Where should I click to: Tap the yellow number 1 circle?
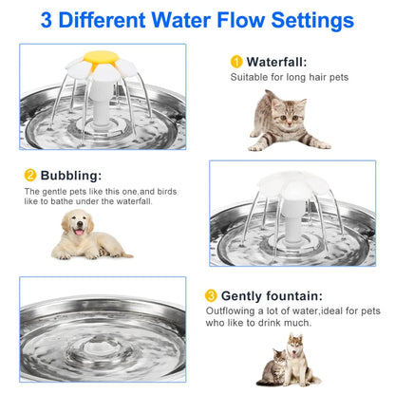click(x=236, y=62)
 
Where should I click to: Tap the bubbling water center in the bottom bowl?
click(x=102, y=340)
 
